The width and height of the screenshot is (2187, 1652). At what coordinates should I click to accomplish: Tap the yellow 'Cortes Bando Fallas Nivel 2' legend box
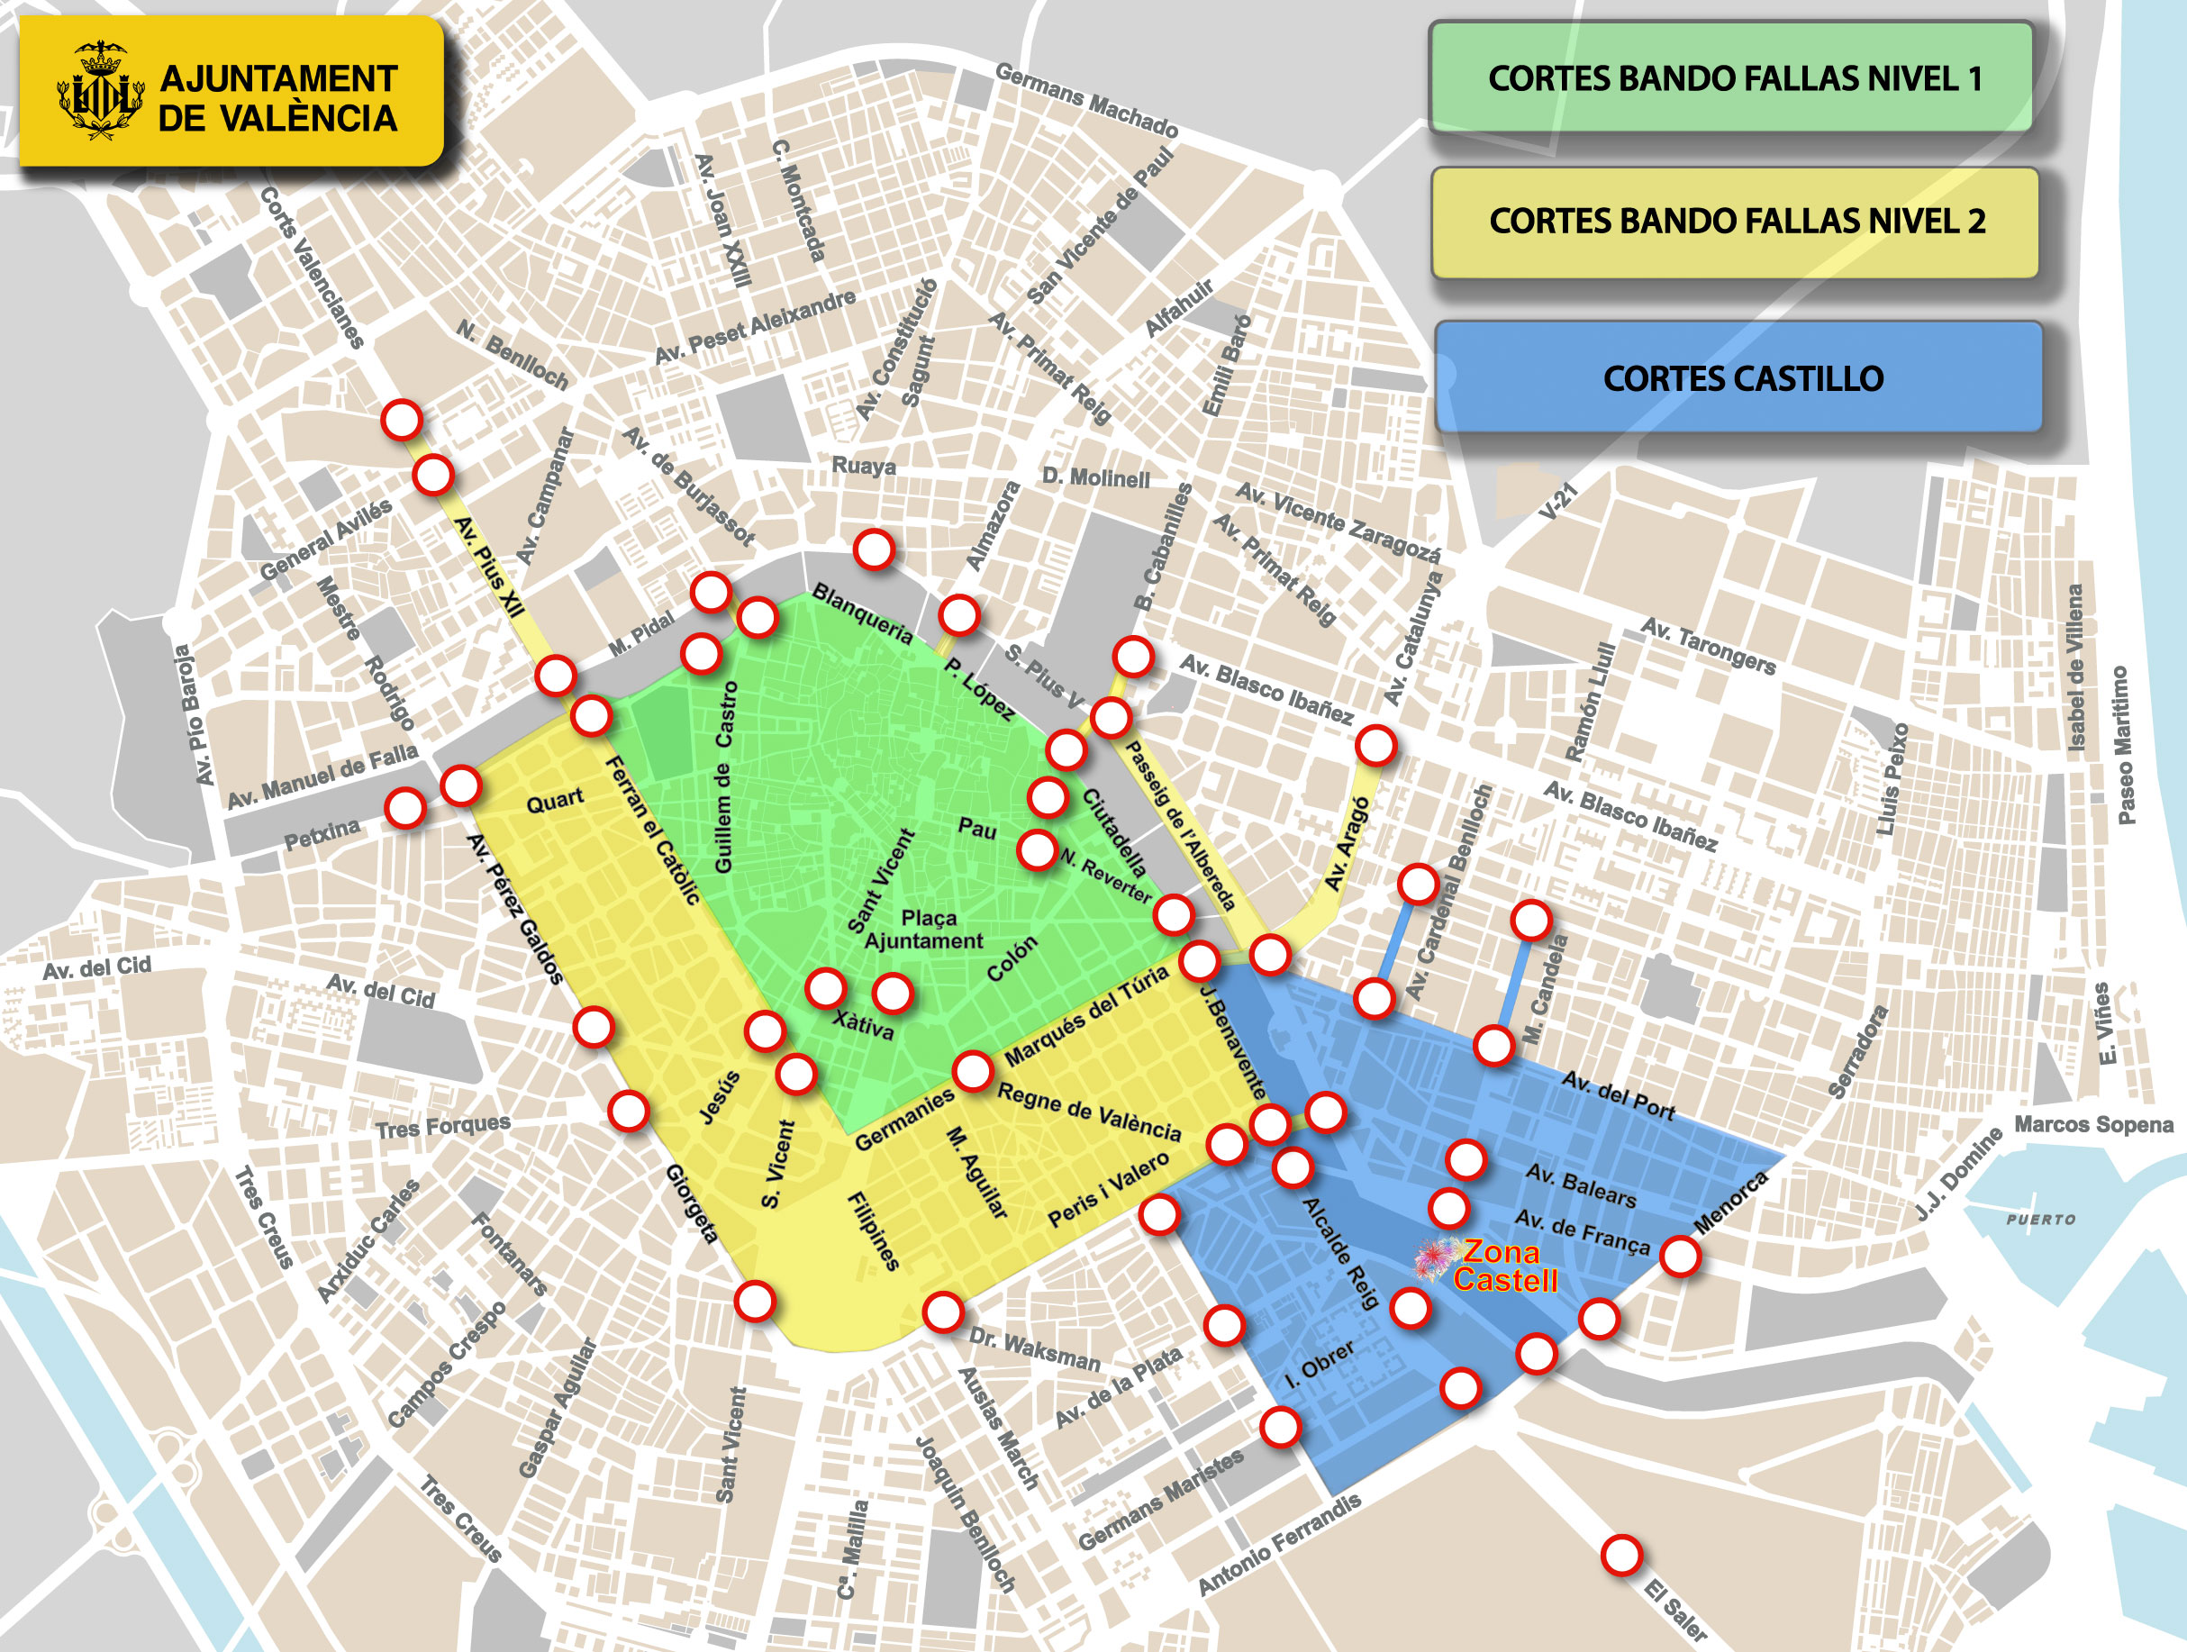(x=1735, y=222)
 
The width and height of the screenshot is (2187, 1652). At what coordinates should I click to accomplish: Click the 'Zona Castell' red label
(x=1505, y=1266)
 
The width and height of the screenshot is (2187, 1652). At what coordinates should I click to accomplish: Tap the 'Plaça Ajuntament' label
(x=925, y=930)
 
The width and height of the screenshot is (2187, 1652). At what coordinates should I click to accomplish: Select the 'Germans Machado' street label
(x=1085, y=101)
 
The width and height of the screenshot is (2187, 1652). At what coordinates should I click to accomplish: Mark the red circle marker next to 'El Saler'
(x=1621, y=1555)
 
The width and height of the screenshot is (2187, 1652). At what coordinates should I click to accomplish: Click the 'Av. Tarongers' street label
(x=1708, y=646)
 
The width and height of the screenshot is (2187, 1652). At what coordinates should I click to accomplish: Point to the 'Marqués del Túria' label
(x=1086, y=1018)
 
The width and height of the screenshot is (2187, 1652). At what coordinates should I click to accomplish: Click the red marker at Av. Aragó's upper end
(x=1375, y=746)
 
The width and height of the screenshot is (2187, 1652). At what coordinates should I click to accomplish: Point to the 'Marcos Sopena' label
(x=2093, y=1124)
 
